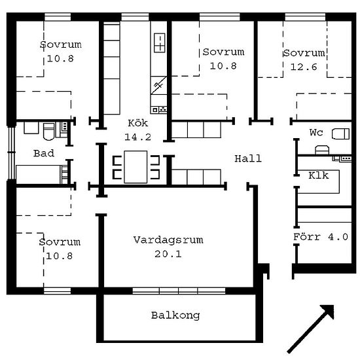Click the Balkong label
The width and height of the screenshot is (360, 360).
coord(175,315)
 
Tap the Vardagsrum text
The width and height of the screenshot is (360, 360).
coord(168,240)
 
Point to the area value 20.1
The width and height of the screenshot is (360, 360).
coord(168,254)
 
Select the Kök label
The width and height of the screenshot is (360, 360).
coord(137,123)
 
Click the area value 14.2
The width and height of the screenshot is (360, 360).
coord(137,137)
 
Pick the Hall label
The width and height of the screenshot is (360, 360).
coord(248,158)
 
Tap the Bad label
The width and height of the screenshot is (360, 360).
coord(44,153)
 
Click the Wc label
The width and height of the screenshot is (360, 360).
coord(316,132)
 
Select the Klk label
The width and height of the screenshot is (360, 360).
coord(319,175)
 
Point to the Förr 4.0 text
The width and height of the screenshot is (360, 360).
coord(321,237)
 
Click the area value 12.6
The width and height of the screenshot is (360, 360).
coord(304,67)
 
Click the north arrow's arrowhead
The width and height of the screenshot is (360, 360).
coord(329,310)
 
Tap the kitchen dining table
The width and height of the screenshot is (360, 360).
coord(135,167)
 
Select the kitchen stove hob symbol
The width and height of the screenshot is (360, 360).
coord(160,43)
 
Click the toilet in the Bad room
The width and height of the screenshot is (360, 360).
coord(48,132)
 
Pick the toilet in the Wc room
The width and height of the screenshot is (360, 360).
coord(340,134)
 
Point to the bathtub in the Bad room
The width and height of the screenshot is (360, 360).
coord(39,174)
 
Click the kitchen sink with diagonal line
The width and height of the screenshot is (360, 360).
coord(158,85)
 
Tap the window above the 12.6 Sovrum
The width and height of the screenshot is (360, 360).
coord(305,17)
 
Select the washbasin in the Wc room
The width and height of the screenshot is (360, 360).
coord(322,150)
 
